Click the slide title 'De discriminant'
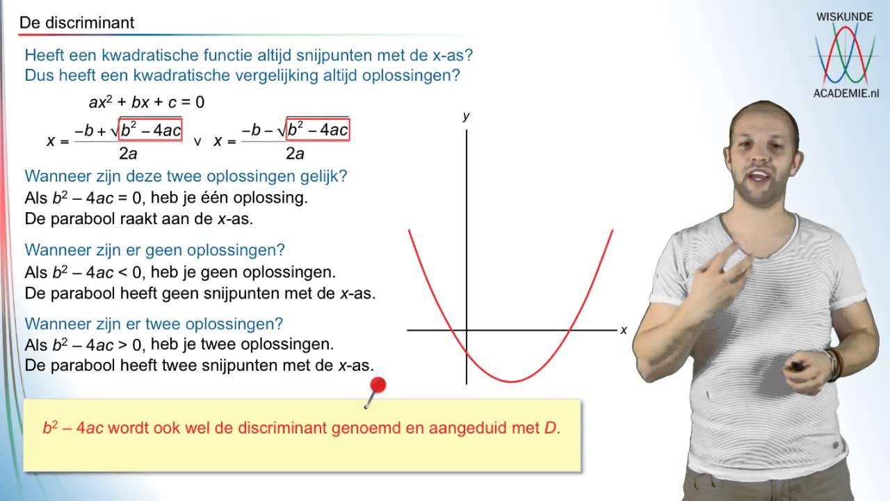coord(76,23)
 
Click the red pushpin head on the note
coord(378,385)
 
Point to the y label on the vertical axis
coord(466,116)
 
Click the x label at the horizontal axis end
coord(624,330)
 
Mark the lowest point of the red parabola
coord(512,381)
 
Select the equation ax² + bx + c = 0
coord(147,102)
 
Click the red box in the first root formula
coord(151,129)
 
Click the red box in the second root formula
coord(317,129)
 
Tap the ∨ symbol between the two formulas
coord(197,141)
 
